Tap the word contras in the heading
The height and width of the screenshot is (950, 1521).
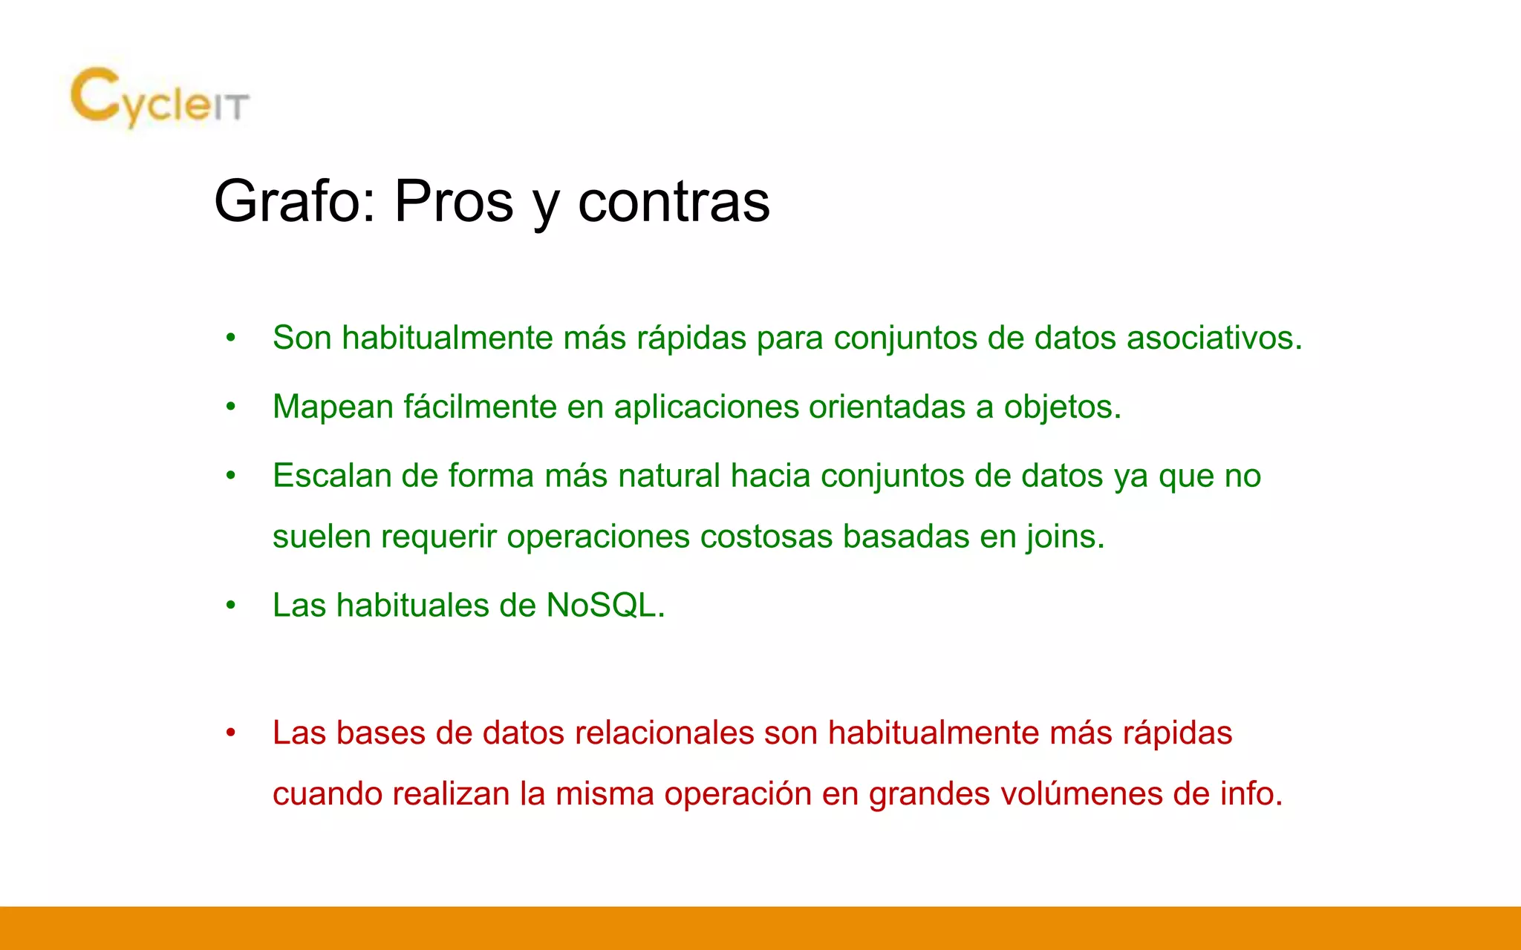click(674, 201)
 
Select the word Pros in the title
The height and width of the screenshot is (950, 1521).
click(453, 201)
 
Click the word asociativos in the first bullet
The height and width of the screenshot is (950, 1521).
click(1214, 338)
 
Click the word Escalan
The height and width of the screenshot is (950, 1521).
click(331, 476)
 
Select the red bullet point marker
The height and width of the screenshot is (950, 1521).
click(231, 733)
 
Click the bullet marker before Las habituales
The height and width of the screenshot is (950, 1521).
click(231, 606)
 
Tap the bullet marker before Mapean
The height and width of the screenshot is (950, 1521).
click(231, 407)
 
